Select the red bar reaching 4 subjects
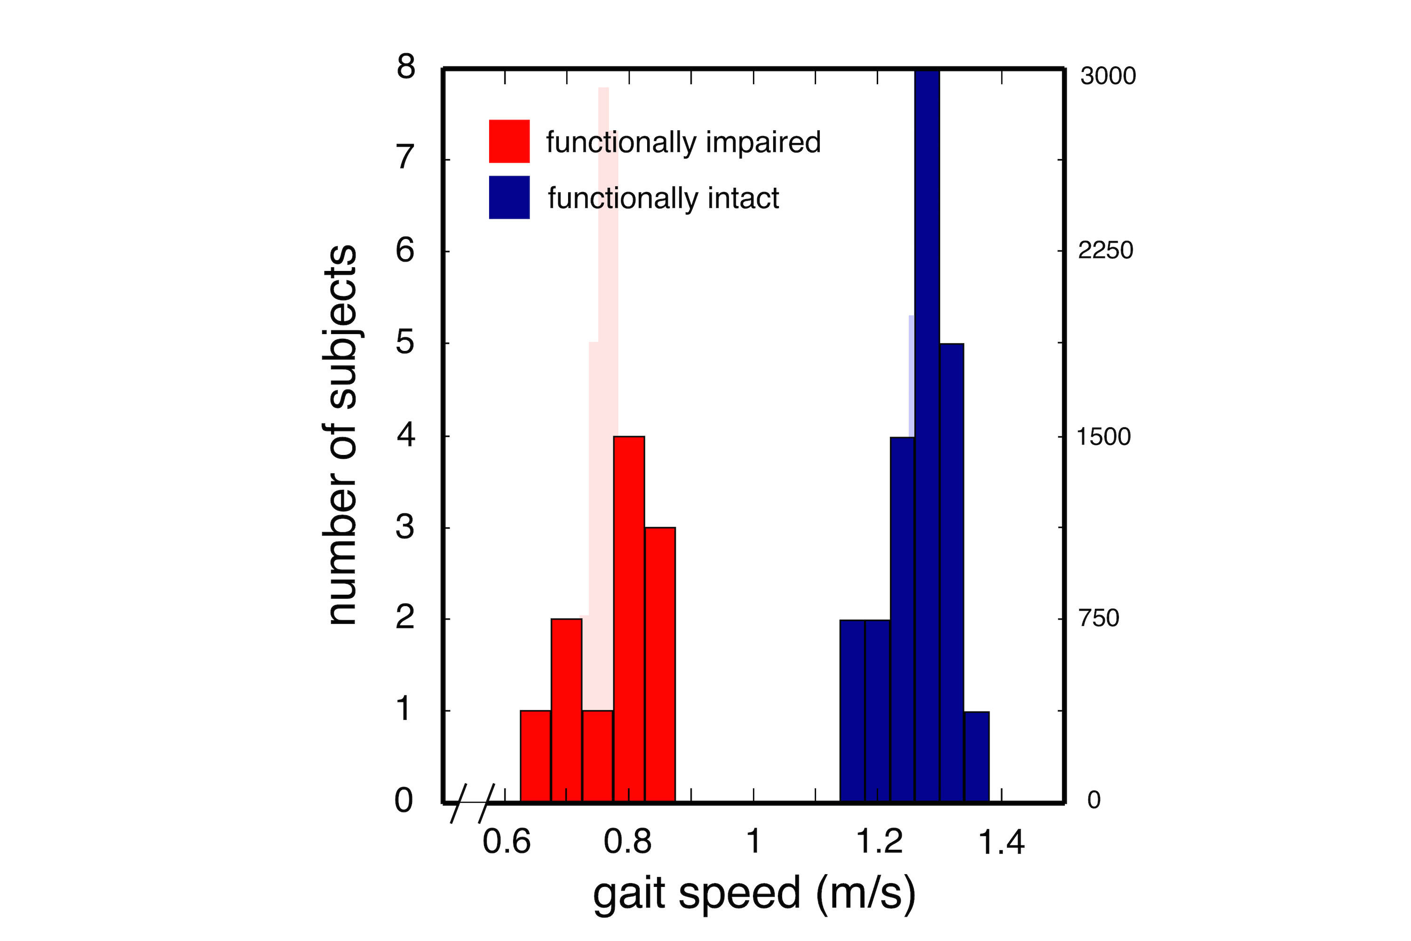629,618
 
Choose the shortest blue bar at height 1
976,756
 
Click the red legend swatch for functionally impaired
509,141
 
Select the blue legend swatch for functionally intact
509,198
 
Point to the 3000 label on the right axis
1108,76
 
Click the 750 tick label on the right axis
1098,618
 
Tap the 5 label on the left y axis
405,342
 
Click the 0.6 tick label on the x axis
507,841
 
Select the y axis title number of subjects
342,435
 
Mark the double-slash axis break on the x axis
472,803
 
